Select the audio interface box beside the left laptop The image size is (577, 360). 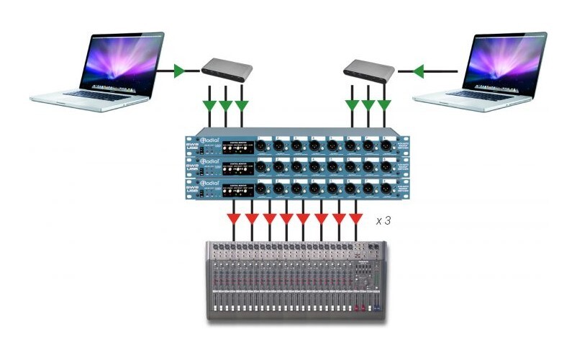pos(225,68)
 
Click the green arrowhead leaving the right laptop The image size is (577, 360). pos(418,71)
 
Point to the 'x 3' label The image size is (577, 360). pos(383,221)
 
